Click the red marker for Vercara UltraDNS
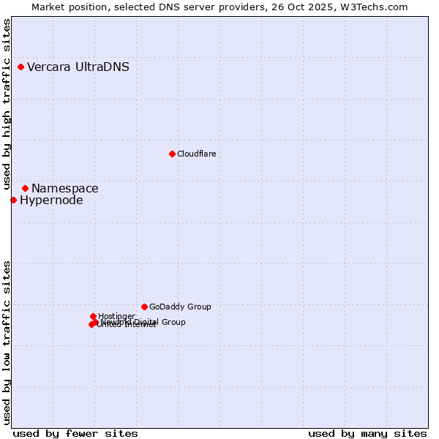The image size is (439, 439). coord(21,67)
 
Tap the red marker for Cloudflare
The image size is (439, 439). coord(172,154)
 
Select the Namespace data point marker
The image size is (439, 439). coord(25,188)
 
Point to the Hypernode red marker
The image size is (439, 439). coord(13,200)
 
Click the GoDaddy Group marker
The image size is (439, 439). coord(144,307)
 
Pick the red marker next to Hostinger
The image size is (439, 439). coord(93,316)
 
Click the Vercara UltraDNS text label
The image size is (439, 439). coord(78,67)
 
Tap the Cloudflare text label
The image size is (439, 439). coord(196,154)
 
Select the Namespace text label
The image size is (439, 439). coord(64,188)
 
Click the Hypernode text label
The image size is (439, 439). coord(51,200)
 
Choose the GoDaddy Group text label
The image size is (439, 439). coord(180,307)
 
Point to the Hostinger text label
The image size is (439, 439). coord(116,316)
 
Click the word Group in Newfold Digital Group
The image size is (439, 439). coord(173,322)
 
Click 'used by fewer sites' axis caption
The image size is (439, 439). coord(75,433)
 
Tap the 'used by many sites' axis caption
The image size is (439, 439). coord(367,433)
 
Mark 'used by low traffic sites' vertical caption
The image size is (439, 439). coord(7,342)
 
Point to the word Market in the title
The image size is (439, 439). coord(48,7)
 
